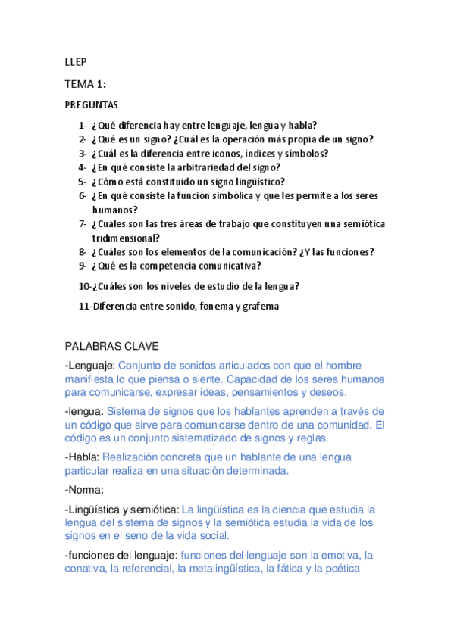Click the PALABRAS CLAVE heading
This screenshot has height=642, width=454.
tap(111, 347)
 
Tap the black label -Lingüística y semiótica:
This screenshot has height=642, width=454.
tap(123, 509)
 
